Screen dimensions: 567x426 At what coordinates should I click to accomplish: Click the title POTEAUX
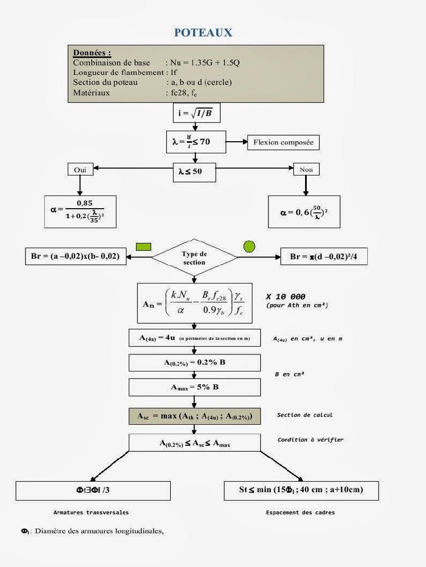point(203,33)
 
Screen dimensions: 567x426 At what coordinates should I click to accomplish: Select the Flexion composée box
point(283,142)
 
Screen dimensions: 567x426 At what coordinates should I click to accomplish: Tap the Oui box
point(80,169)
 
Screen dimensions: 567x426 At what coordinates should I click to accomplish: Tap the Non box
point(306,169)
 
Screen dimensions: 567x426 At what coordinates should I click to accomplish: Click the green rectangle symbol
point(144,246)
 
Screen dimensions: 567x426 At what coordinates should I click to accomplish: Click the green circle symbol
point(249,246)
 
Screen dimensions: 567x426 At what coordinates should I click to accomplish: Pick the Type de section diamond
point(194,258)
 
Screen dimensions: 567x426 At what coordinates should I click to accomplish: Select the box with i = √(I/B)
point(196,112)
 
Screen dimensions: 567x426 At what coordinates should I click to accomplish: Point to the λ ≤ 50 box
point(194,172)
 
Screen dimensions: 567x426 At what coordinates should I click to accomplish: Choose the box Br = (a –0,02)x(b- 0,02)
point(75,257)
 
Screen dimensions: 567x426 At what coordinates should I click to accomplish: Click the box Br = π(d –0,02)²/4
point(323,257)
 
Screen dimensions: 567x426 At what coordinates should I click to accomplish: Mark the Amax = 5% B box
point(195,387)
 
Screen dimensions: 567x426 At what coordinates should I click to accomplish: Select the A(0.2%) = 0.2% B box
point(195,363)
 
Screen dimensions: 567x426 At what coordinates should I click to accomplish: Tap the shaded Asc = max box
point(195,416)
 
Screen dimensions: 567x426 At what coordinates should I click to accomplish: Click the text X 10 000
point(286,297)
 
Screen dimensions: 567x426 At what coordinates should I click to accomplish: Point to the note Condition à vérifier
point(310,440)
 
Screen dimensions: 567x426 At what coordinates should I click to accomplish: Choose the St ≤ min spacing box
point(301,490)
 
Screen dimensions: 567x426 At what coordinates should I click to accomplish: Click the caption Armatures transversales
point(91,513)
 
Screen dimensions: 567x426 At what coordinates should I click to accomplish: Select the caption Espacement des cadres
point(300,513)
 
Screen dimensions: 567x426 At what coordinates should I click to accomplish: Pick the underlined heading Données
point(92,53)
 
